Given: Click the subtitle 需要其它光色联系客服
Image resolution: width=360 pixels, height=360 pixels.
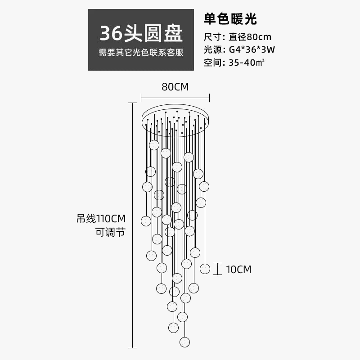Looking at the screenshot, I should click(141, 53).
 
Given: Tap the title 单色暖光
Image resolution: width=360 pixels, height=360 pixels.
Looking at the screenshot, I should click(230, 19).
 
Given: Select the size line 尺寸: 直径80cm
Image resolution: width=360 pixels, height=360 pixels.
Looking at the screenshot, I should click(238, 37).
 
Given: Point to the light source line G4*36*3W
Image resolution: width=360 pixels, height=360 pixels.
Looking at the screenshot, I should click(239, 49).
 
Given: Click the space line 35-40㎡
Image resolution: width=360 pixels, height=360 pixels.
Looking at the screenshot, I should click(234, 63).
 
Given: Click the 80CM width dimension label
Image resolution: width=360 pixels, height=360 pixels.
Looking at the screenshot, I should click(175, 87).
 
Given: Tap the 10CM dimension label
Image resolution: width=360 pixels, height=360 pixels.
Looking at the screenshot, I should click(238, 270).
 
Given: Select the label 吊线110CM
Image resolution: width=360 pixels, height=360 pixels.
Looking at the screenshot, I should click(101, 219).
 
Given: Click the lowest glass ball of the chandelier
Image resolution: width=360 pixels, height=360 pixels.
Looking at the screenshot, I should click(184, 342).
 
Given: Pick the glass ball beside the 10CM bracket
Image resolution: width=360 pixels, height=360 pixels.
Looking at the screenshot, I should click(205, 269).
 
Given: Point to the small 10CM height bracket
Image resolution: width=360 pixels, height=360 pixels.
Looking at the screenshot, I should click(218, 269).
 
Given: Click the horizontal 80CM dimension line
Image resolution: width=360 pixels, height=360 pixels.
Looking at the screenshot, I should click(175, 97).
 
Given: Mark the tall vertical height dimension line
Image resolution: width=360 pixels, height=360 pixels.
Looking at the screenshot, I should click(132, 225).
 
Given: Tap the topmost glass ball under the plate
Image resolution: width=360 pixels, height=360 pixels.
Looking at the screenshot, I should click(154, 145).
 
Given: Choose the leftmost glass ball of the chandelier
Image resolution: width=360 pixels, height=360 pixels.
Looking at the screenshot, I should click(146, 221).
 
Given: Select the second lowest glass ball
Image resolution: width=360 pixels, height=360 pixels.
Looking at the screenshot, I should click(173, 327).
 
